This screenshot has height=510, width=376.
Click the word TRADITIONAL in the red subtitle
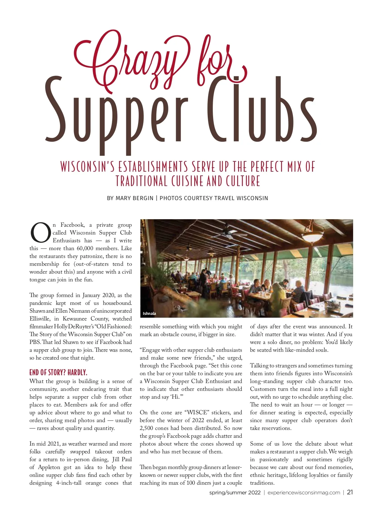click(x=141, y=181)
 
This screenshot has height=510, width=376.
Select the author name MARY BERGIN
click(x=134, y=198)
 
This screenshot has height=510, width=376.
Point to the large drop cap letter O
click(x=40, y=233)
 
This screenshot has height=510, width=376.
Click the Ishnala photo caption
click(x=149, y=313)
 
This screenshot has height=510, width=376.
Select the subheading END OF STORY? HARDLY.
click(x=58, y=372)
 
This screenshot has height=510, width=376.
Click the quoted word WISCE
click(x=196, y=413)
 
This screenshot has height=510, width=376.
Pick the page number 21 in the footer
click(x=350, y=492)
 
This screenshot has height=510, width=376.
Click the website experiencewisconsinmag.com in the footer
click(x=304, y=492)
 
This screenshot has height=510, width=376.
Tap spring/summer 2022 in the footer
click(x=235, y=492)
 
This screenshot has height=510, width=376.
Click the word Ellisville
click(x=40, y=319)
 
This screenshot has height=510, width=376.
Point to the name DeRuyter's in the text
click(x=84, y=327)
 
